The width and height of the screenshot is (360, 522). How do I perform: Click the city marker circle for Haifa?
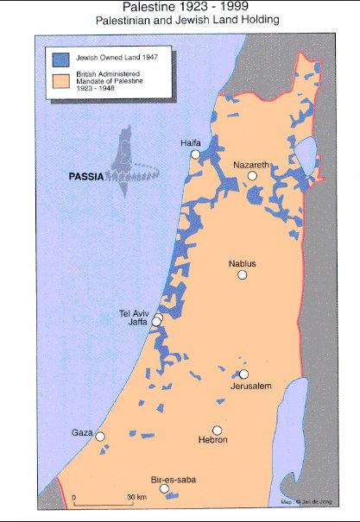(x=195, y=154)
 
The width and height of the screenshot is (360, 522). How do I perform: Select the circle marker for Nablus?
(x=243, y=274)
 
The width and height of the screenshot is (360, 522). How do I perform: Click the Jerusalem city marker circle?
(x=244, y=374)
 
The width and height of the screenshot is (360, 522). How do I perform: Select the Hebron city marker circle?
(x=218, y=431)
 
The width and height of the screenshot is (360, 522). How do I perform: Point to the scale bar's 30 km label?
(x=136, y=499)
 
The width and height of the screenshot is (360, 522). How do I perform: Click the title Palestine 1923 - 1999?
(x=180, y=7)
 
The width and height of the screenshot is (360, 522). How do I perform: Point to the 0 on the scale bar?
(x=75, y=499)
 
